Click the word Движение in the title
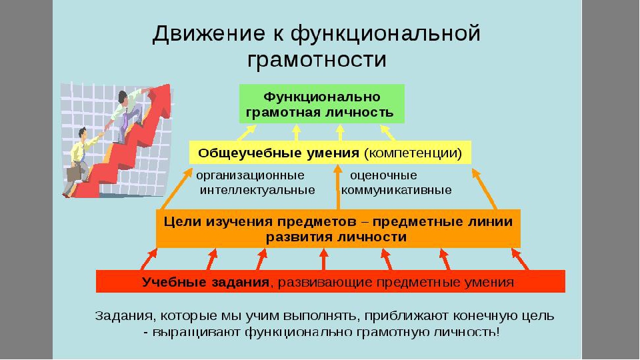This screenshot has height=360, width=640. coord(208,34)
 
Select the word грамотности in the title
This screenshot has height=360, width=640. coord(317,59)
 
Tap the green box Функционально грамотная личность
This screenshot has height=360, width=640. coord(321,104)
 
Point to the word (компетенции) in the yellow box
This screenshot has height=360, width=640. coord(413,153)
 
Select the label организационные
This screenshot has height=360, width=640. coord(250,175)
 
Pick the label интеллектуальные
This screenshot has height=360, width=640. coord(257,190)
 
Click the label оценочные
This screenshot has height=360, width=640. coord(384,175)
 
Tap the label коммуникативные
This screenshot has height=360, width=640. coord(396,190)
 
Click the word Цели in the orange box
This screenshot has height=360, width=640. coord(183,222)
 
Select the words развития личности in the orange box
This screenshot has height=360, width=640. coord(336,237)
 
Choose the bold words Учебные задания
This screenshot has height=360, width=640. coord(206,283)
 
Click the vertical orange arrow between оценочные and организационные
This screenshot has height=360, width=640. coord(337,187)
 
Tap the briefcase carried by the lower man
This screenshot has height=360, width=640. coord(73,173)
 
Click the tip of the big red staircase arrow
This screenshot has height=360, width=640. coord(169,85)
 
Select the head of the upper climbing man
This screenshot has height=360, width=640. coord(123,97)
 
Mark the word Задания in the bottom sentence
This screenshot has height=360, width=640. coord(124,316)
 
